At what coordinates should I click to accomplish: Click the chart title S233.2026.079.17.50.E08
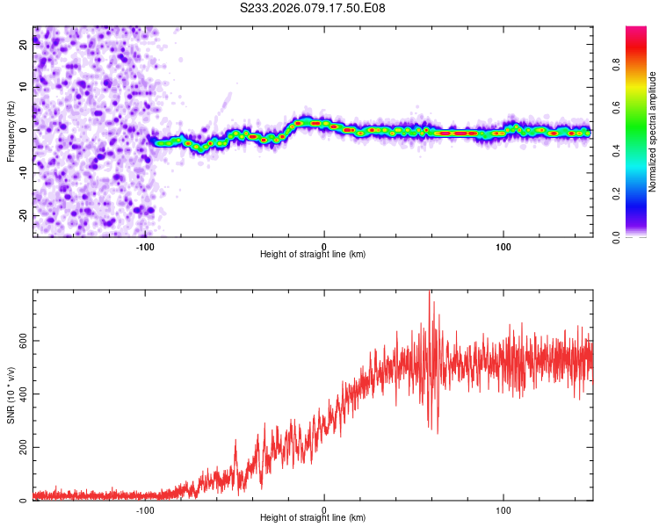click(x=313, y=8)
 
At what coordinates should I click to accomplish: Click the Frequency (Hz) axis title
click(x=11, y=131)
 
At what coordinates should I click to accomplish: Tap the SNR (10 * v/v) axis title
click(x=11, y=395)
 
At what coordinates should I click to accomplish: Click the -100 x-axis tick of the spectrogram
click(x=145, y=246)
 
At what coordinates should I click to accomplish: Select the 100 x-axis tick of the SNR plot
click(x=503, y=510)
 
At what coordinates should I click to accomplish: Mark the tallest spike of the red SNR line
click(x=429, y=292)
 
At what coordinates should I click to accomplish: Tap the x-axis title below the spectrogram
click(x=313, y=255)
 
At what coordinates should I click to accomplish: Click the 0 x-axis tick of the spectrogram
click(x=324, y=246)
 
